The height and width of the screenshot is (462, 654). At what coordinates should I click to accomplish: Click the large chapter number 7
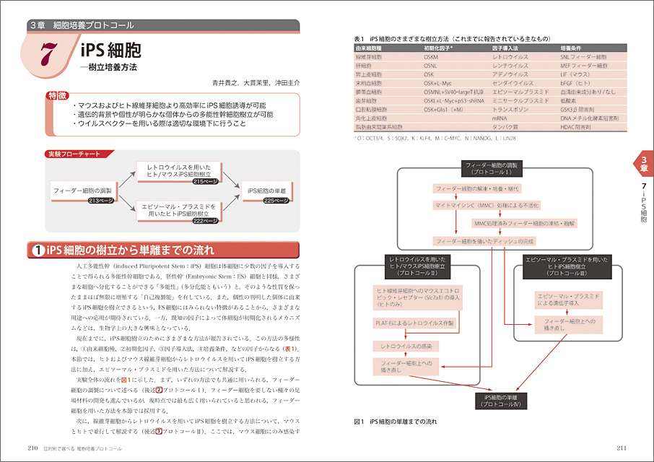(48, 56)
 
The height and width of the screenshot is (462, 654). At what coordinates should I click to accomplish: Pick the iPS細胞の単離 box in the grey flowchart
(266, 191)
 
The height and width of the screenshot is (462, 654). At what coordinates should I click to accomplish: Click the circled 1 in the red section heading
(39, 251)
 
